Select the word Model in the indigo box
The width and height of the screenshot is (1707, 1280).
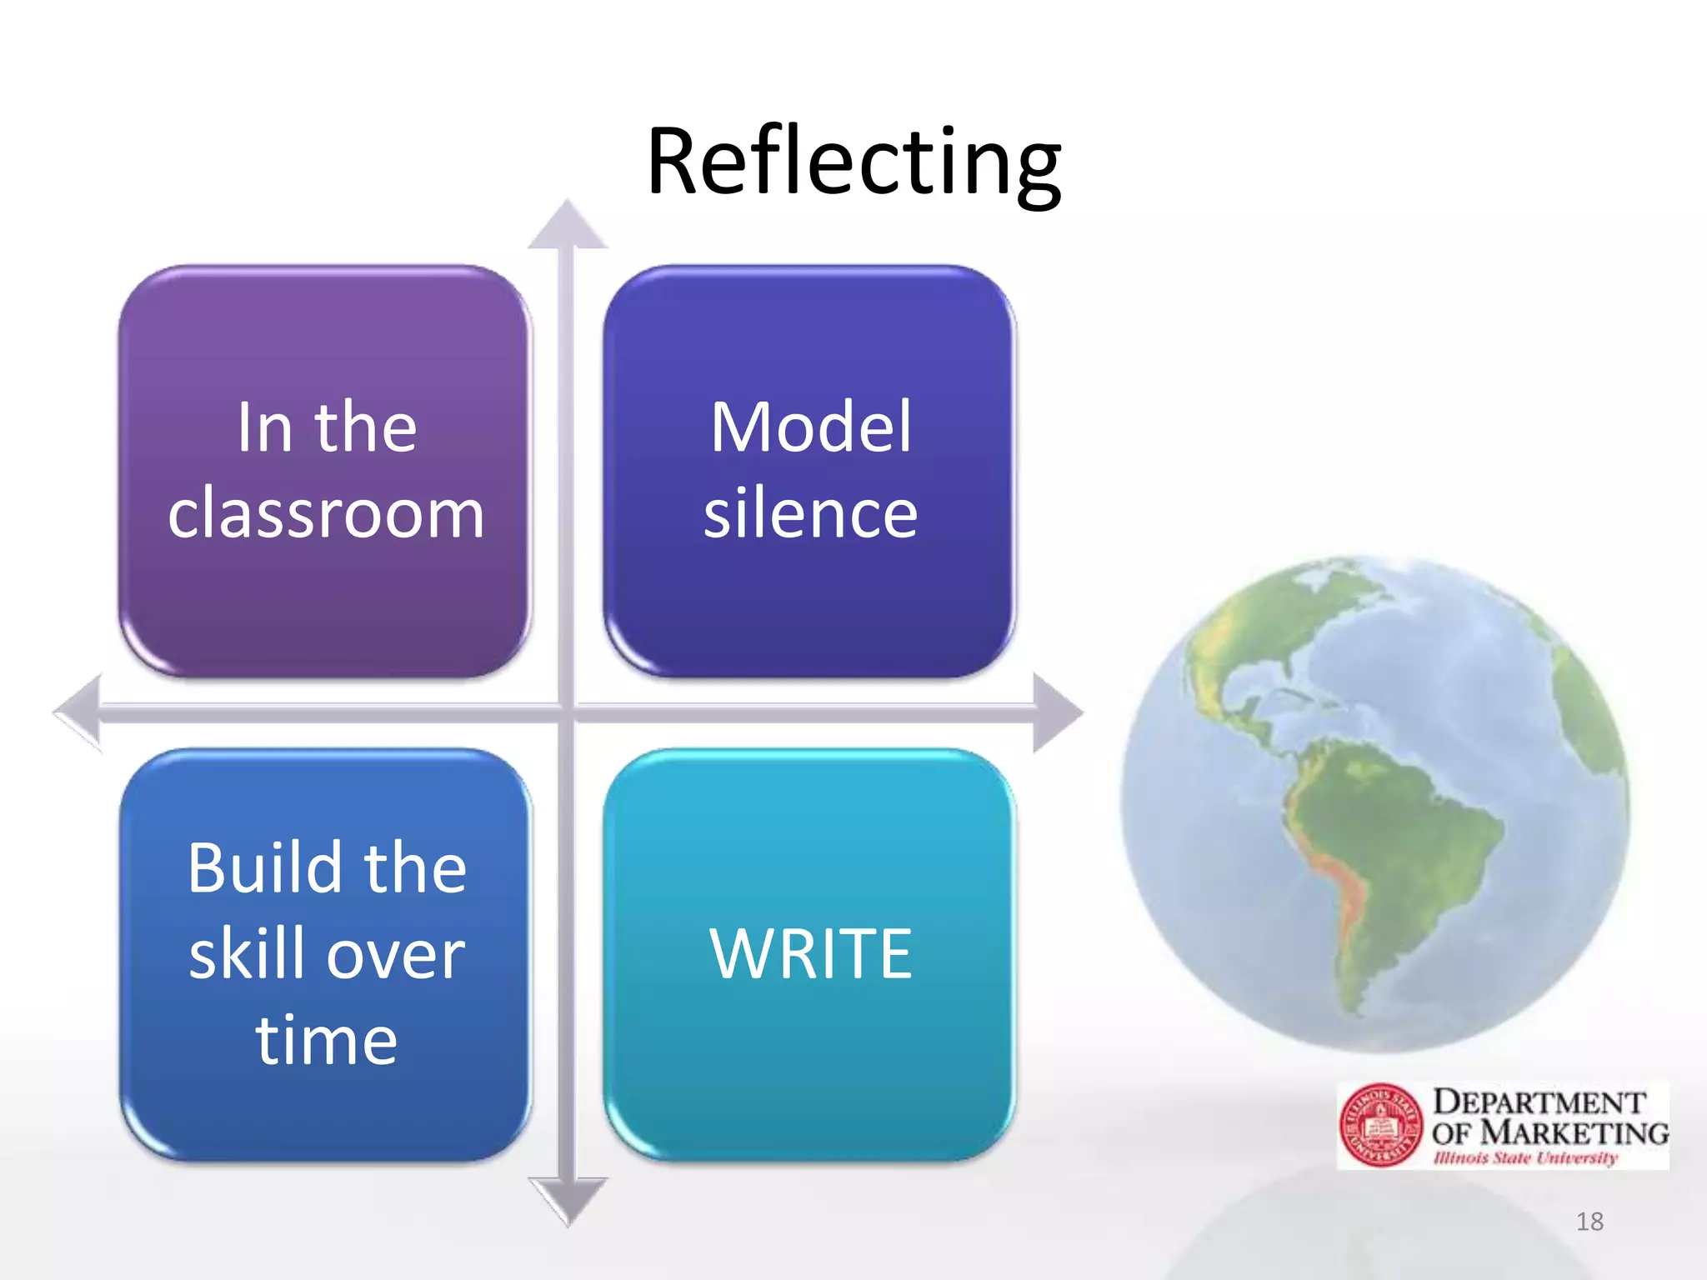pos(811,427)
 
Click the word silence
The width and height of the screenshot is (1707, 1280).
pos(810,514)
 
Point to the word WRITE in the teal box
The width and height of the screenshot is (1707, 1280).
pos(811,953)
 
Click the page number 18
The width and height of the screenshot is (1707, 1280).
pos(1589,1222)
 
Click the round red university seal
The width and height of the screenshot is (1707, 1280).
pos(1381,1125)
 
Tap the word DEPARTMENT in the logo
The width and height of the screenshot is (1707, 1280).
pos(1539,1102)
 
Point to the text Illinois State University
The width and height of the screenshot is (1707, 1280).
pos(1525,1157)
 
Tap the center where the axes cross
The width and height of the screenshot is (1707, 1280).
pos(568,712)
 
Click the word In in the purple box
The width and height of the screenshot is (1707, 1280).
pos(264,427)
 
